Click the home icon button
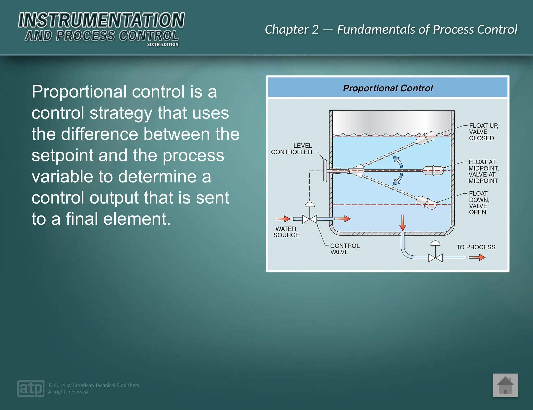pyautogui.click(x=505, y=385)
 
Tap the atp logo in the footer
pyautogui.click(x=31, y=388)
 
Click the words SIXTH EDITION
pyautogui.click(x=163, y=44)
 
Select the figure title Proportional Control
pyautogui.click(x=388, y=88)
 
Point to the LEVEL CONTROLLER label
pyautogui.click(x=292, y=149)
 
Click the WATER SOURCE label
pyautogui.click(x=286, y=232)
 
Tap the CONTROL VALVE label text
pyautogui.click(x=345, y=249)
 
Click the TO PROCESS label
pyautogui.click(x=475, y=247)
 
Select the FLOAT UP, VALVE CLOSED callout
pyautogui.click(x=483, y=132)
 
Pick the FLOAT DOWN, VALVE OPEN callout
pyautogui.click(x=479, y=203)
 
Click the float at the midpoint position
pyautogui.click(x=433, y=171)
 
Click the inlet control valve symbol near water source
pyautogui.click(x=309, y=219)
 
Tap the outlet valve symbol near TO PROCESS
pyautogui.click(x=435, y=258)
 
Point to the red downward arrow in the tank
pyautogui.click(x=403, y=223)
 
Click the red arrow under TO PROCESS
pyautogui.click(x=477, y=257)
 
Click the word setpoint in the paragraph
pyautogui.click(x=62, y=155)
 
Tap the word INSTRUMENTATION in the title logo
pyautogui.click(x=101, y=20)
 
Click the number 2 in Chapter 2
pyautogui.click(x=315, y=30)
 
